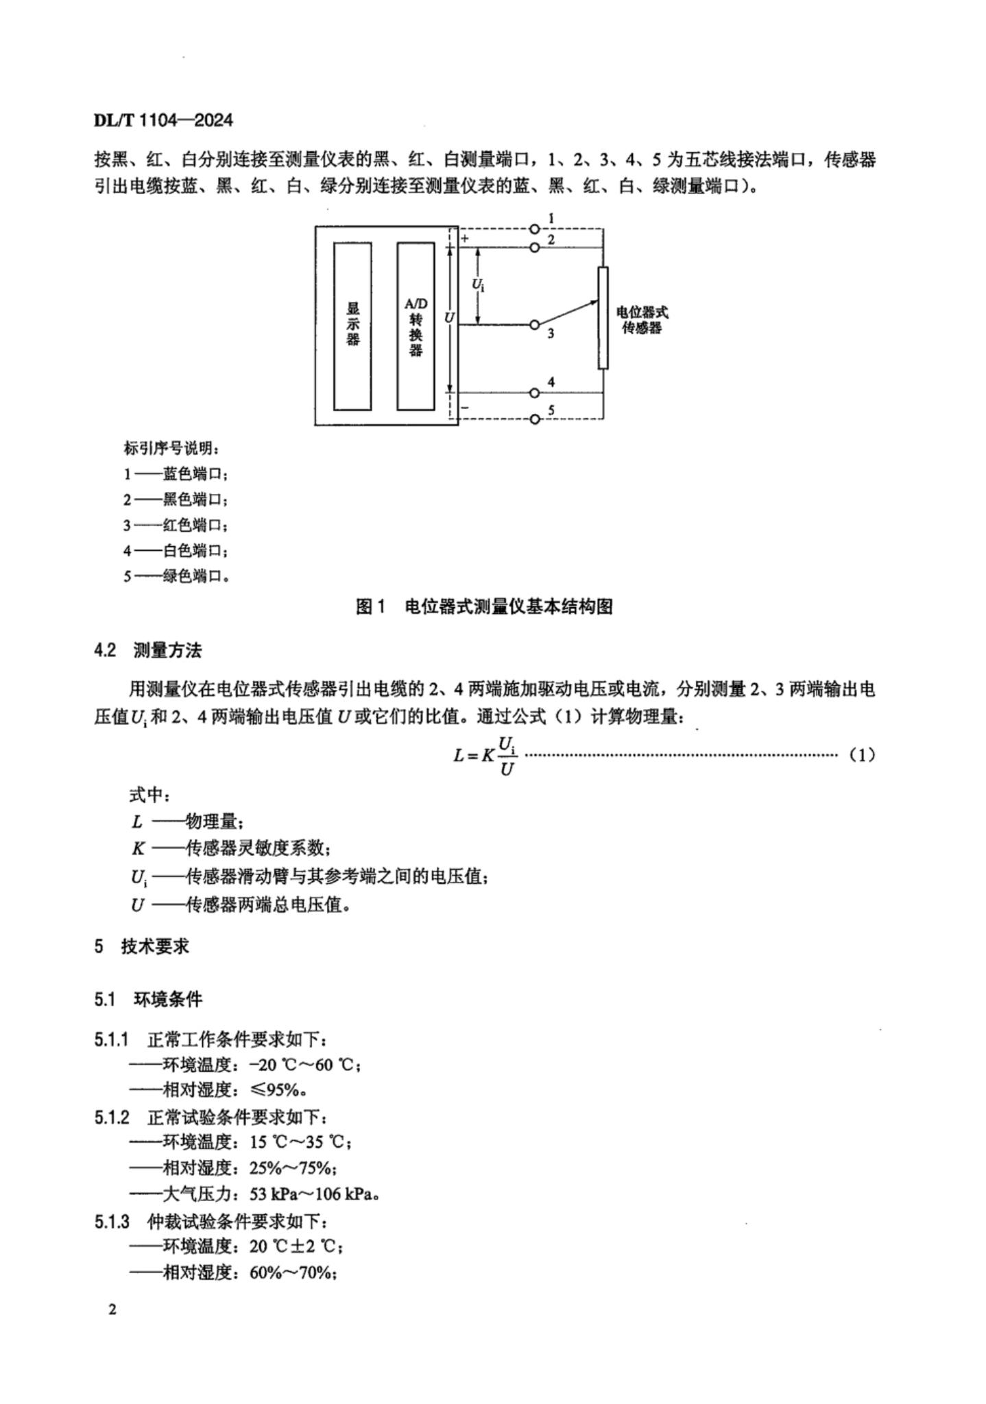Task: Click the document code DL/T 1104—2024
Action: (x=163, y=121)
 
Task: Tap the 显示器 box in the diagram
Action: (x=352, y=325)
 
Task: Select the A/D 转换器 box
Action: (x=416, y=325)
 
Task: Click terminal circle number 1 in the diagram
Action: (x=535, y=230)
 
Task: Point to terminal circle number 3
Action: (x=535, y=325)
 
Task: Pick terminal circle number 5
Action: (x=535, y=419)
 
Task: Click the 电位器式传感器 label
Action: (x=642, y=319)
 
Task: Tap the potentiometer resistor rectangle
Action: (x=603, y=318)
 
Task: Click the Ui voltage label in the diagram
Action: (x=479, y=283)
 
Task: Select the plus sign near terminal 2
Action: (x=465, y=238)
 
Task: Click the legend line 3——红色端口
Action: (x=176, y=526)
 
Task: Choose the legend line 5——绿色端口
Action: (x=176, y=576)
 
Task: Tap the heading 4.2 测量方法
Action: (x=148, y=650)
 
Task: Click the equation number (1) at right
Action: (x=862, y=755)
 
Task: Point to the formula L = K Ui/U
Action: (x=485, y=755)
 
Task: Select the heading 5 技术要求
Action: (x=142, y=946)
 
